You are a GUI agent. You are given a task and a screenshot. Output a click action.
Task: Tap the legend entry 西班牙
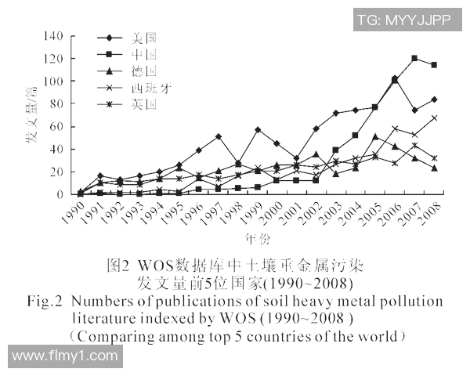(150, 87)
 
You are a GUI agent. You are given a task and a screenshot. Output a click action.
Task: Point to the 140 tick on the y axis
(54, 36)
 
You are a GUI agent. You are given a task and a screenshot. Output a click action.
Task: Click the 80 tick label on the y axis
(57, 104)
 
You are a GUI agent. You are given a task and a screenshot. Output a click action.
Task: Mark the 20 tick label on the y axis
(57, 172)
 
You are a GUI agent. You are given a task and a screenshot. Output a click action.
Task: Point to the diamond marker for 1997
(218, 136)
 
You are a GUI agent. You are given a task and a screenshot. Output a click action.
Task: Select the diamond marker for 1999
(258, 130)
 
